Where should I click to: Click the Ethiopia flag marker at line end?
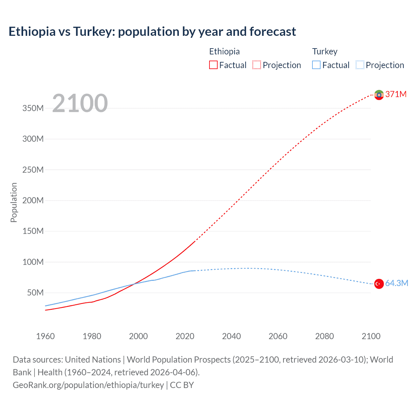379,95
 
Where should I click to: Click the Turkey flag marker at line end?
379,284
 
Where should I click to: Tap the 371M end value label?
396,94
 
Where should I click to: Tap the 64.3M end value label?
396,283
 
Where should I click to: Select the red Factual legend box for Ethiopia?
213,65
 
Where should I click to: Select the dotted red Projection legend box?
257,65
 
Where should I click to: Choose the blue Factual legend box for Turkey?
316,65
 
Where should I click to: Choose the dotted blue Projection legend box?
360,65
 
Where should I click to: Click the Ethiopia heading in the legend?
224,51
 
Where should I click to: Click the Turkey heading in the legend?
324,51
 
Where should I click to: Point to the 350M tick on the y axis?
33,108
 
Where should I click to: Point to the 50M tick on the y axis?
35,293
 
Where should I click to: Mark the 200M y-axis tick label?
33,201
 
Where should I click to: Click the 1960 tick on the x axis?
45,336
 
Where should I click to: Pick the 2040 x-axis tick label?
231,336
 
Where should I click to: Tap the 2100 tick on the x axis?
371,336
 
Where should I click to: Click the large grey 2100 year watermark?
80,103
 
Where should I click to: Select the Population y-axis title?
14,202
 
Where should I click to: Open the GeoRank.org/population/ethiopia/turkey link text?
88,385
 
